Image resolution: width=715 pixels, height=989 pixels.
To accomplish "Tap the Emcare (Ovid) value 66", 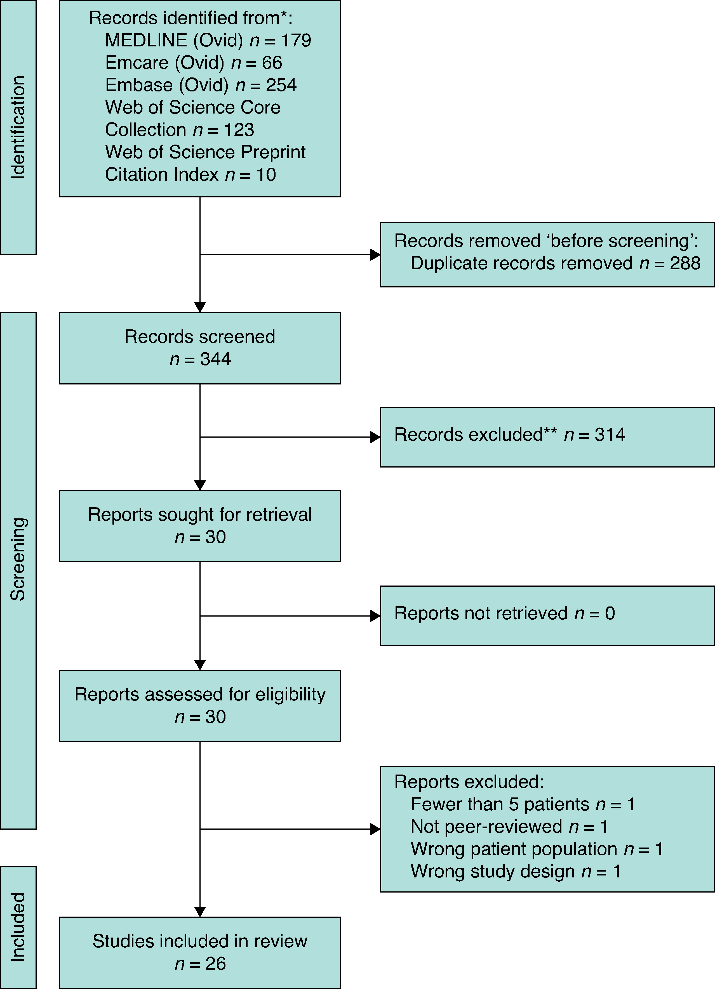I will click(x=272, y=63).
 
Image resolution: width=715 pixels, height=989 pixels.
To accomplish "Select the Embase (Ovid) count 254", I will click(x=281, y=85).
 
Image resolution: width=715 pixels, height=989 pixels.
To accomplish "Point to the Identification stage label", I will click(x=18, y=127).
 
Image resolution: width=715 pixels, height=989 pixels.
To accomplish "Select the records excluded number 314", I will click(x=610, y=435).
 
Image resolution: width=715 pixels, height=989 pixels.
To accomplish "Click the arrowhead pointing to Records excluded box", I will click(x=375, y=437).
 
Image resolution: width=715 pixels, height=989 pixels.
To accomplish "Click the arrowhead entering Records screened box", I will click(x=200, y=307).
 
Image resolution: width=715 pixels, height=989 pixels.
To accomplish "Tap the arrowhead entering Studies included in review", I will click(x=200, y=912).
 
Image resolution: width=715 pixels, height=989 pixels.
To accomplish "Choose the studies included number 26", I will click(x=215, y=964).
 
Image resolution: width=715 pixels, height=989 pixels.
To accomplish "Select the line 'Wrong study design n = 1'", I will click(x=515, y=871).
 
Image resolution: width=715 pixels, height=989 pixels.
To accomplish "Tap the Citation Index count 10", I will click(x=266, y=175).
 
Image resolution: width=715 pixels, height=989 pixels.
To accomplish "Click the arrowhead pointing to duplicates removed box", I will click(x=375, y=255).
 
